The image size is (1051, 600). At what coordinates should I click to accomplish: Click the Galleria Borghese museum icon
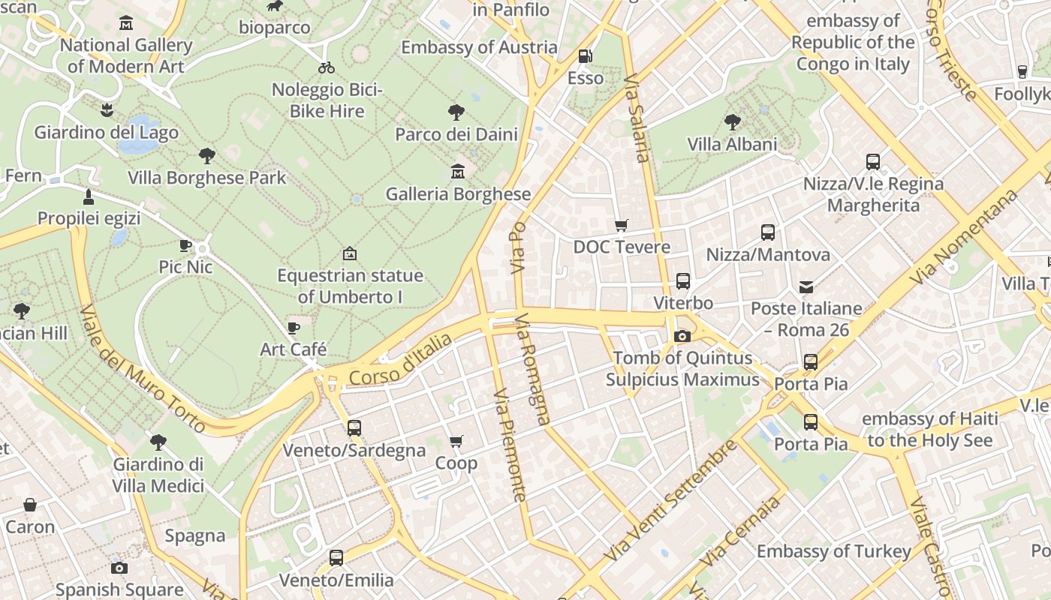point(457,172)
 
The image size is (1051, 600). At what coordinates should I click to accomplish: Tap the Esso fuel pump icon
point(584,56)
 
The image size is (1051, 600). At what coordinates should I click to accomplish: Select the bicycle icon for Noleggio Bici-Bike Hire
point(327,67)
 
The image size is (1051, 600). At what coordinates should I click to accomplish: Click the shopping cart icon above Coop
point(456,442)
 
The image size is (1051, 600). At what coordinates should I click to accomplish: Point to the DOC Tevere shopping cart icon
point(621,225)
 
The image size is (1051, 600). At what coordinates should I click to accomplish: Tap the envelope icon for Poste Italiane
point(806,286)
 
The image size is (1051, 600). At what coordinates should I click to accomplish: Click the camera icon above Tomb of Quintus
point(682,336)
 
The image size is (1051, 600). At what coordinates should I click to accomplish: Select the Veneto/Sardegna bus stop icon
point(354,428)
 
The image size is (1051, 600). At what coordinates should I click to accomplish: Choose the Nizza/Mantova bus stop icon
point(767,232)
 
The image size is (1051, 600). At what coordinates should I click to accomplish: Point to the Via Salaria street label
point(636,118)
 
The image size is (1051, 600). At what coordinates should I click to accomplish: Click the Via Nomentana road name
point(964,237)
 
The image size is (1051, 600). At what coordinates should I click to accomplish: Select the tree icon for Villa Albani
point(732,121)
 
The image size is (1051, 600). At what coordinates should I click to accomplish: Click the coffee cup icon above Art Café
point(293,328)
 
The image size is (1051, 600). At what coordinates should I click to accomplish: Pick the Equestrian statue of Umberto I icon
point(349,253)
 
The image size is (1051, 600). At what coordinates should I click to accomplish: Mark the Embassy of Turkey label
point(833,551)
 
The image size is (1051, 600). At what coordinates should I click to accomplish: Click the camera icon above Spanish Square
point(119,568)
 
